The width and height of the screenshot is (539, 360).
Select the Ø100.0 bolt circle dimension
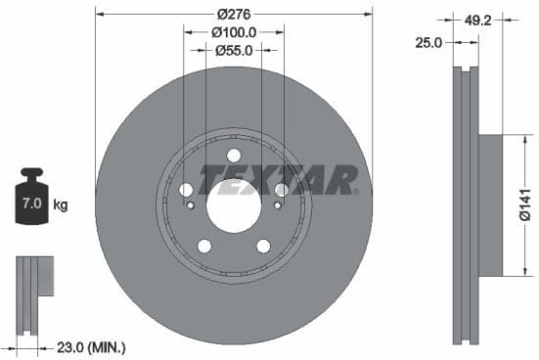(x=234, y=31)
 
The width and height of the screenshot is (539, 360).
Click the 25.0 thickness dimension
(x=428, y=42)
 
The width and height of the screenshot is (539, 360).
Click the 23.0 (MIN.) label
(x=92, y=346)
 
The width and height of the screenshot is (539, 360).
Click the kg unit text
(x=61, y=204)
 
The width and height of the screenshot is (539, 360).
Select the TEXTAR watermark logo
(x=279, y=180)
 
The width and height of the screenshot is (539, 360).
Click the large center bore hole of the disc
(x=234, y=205)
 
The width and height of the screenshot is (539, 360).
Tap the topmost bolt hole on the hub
(x=234, y=156)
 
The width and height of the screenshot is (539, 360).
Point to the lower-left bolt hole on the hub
(x=204, y=246)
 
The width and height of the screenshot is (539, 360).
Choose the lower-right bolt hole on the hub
(x=263, y=246)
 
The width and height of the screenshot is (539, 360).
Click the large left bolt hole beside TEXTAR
(x=187, y=190)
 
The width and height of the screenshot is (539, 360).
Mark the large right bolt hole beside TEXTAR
(x=282, y=190)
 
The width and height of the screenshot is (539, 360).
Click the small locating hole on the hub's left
(x=191, y=205)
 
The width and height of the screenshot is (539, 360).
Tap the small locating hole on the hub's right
(x=278, y=205)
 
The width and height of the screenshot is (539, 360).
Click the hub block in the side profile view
(x=489, y=204)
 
